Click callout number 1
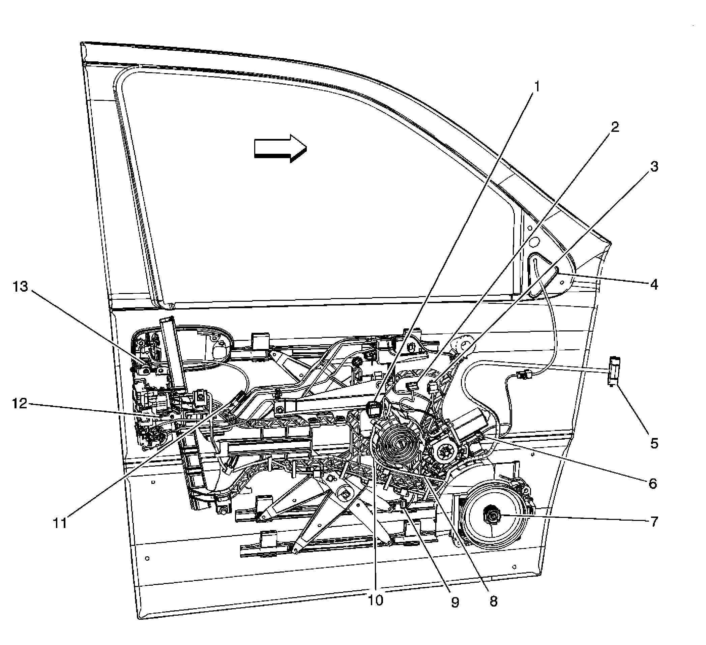click(536, 87)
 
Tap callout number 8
click(493, 601)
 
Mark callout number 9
click(454, 602)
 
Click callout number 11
click(60, 523)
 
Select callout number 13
click(20, 287)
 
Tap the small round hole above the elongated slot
click(534, 242)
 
